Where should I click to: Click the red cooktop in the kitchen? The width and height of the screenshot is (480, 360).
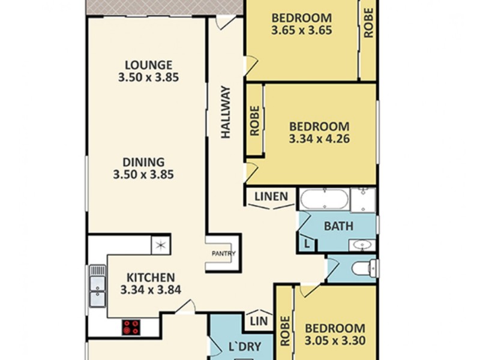click(x=131, y=328)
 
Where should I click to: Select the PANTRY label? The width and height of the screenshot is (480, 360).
click(x=223, y=253)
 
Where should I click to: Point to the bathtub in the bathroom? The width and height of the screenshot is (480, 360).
click(x=323, y=199)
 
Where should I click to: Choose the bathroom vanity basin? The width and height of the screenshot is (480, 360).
click(x=362, y=245)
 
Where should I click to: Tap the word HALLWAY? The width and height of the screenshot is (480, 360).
click(x=226, y=113)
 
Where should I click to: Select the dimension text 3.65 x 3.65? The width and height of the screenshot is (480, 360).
click(x=302, y=29)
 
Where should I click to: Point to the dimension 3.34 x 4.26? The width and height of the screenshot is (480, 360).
click(x=319, y=139)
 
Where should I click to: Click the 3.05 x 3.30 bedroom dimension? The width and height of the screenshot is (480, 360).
click(x=335, y=341)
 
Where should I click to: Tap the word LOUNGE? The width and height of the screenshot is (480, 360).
click(x=149, y=64)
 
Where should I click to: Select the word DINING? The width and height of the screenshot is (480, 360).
click(x=143, y=162)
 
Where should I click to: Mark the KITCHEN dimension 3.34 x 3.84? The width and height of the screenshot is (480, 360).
click(x=151, y=290)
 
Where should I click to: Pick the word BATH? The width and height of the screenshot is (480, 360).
click(x=338, y=226)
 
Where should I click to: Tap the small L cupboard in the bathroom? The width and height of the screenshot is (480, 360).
click(x=307, y=244)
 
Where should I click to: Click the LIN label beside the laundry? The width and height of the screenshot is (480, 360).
click(x=259, y=321)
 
